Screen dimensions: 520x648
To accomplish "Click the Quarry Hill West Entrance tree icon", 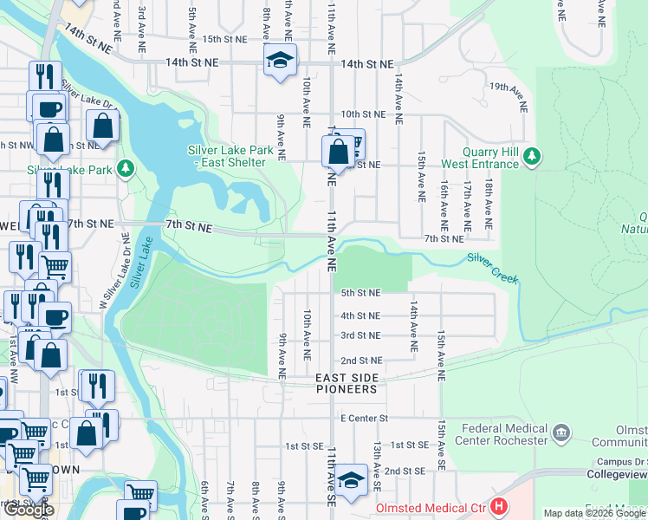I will click(x=534, y=157).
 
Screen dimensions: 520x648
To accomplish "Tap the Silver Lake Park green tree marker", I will click(x=126, y=166).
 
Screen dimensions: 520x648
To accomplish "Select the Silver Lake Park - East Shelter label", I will click(x=230, y=156).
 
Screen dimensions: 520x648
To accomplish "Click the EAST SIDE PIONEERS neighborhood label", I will click(x=347, y=384).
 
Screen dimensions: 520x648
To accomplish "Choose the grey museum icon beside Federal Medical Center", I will click(x=561, y=432).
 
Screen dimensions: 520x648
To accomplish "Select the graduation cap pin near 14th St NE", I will click(x=280, y=61).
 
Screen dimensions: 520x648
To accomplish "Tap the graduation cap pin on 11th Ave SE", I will click(x=351, y=479).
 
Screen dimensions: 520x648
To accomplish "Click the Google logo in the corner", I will click(x=28, y=510).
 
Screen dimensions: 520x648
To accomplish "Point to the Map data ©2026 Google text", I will click(x=594, y=513).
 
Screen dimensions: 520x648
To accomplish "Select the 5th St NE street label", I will click(x=360, y=293).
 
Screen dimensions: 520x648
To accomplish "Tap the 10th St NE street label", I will click(x=362, y=114).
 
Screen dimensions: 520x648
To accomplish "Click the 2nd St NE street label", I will click(x=360, y=360).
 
